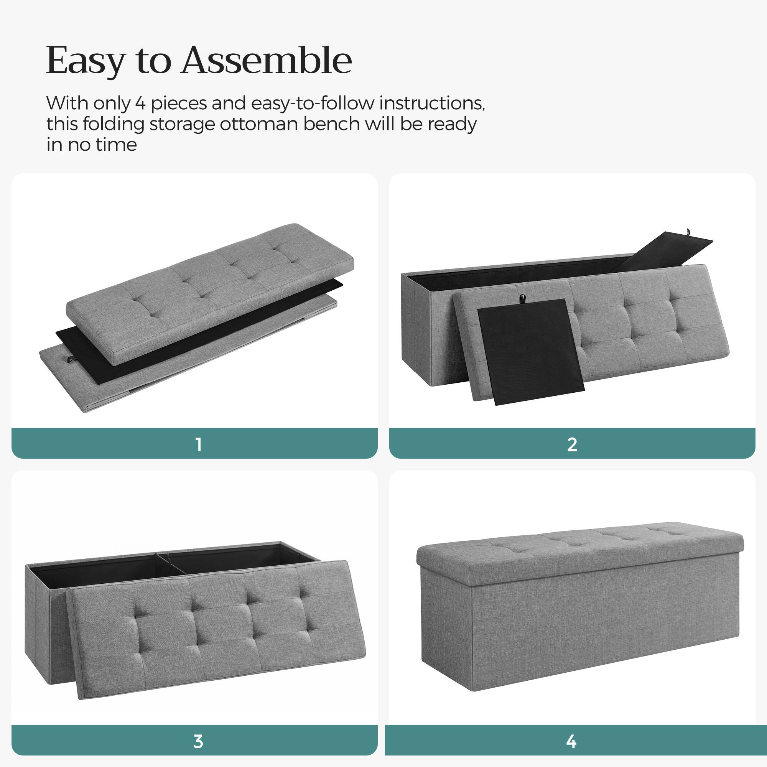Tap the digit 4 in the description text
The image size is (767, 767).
140,104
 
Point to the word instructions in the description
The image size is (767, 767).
432,104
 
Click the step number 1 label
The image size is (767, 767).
199,444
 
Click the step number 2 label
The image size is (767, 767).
572,444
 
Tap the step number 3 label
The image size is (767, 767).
199,741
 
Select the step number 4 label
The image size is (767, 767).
571,741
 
